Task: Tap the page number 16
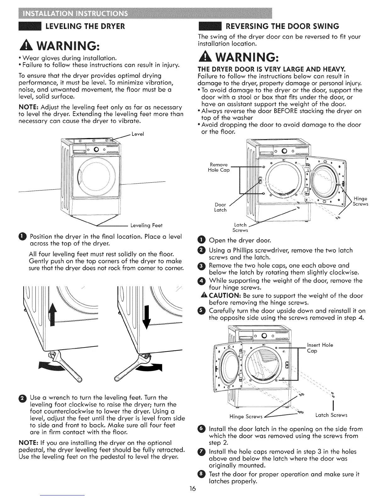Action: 192,489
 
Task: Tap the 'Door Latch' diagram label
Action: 220,207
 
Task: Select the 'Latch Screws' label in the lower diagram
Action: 331,415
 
